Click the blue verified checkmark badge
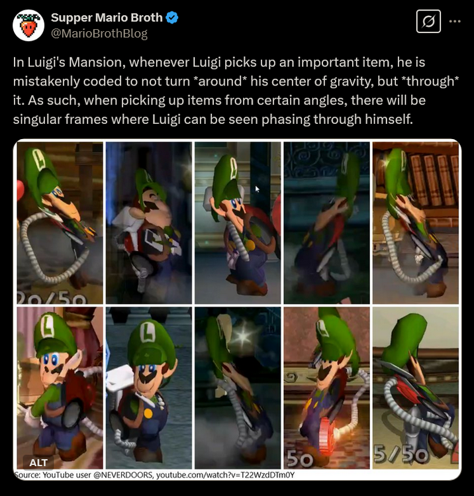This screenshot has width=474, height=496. tap(172, 18)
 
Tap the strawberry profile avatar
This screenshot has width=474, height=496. tap(28, 25)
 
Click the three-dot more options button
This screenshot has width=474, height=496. tap(455, 21)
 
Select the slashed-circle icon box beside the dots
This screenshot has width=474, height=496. tap(428, 21)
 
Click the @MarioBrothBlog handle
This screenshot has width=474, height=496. tap(99, 34)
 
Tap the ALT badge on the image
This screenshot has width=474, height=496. tap(38, 462)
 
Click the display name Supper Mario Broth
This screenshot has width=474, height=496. tap(107, 18)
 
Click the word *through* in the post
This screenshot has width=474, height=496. tap(430, 81)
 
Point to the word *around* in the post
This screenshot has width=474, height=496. tap(220, 81)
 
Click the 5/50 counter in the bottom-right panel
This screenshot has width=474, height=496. tap(401, 454)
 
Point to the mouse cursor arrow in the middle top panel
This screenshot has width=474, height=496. tap(257, 189)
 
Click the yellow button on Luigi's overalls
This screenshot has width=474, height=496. tap(148, 413)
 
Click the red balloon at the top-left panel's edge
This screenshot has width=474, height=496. tap(21, 190)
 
